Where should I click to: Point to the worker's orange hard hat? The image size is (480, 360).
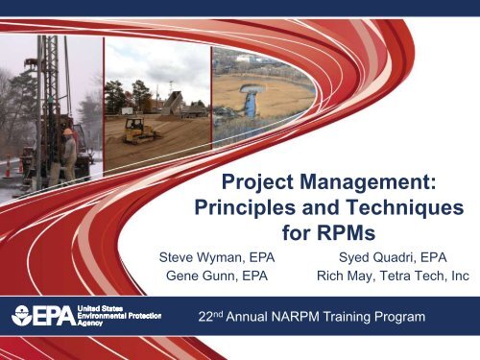tap(68, 132)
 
